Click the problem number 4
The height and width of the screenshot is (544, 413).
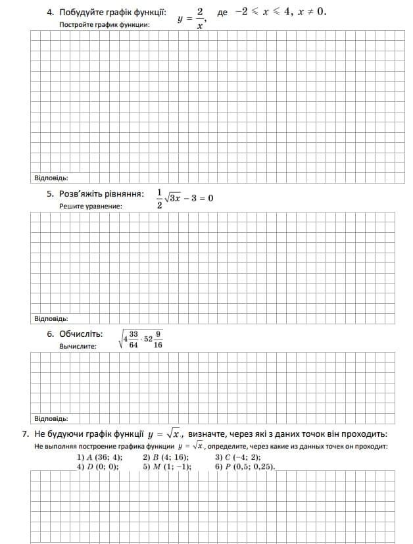tap(50, 12)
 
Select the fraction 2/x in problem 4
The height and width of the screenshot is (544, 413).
tap(200, 18)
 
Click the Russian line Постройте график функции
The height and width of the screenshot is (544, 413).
tap(105, 24)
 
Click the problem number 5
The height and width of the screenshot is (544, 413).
tap(50, 194)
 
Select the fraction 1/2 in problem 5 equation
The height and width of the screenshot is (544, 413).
tap(158, 199)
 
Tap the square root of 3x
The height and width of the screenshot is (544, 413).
tap(173, 197)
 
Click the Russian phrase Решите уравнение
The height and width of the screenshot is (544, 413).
tap(91, 206)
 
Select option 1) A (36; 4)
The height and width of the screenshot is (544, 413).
tap(99, 457)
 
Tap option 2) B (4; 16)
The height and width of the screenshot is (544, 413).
tap(165, 457)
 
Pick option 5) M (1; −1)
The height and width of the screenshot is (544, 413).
tap(166, 466)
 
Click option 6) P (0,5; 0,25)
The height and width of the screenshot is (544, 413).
tap(245, 466)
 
